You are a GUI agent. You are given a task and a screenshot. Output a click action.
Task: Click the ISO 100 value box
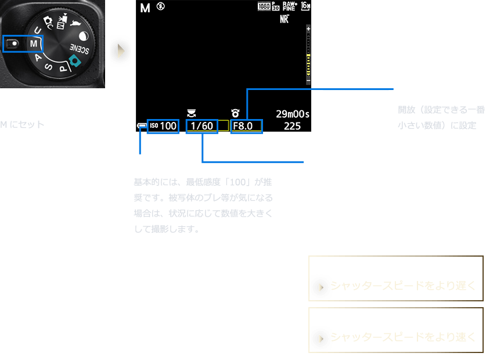tap(163, 125)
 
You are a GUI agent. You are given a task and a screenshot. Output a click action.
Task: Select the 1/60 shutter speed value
tap(202, 125)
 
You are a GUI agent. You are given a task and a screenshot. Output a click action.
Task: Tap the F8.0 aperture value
tap(246, 125)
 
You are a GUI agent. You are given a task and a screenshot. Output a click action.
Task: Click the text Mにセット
tap(22, 124)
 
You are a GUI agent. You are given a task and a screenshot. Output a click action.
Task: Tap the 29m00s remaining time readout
tap(293, 114)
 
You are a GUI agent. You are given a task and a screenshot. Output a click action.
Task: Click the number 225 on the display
tap(293, 126)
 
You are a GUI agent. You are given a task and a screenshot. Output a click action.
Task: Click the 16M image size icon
tap(307, 7)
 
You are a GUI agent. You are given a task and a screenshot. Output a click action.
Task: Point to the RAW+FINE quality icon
tap(290, 7)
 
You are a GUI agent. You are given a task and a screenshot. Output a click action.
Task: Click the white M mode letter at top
tap(145, 8)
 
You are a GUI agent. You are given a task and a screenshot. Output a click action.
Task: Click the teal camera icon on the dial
tap(73, 61)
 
